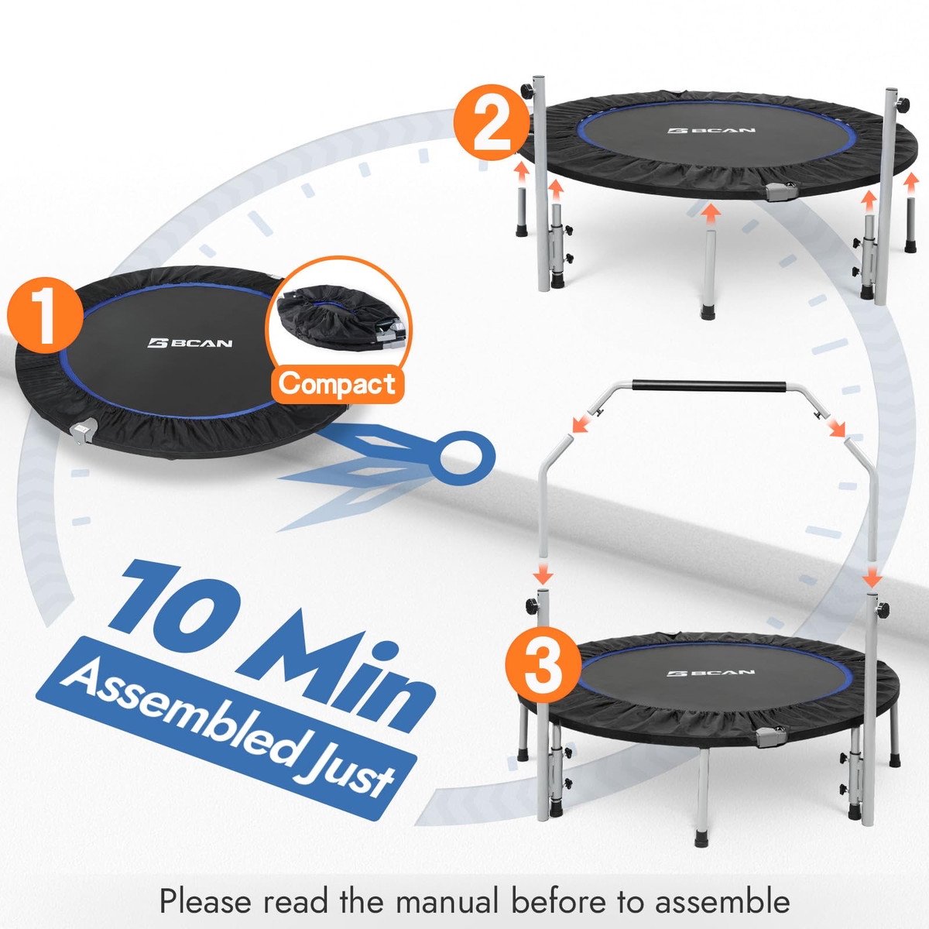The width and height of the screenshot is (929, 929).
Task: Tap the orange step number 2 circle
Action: (491, 122)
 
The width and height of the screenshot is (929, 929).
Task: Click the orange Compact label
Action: (337, 384)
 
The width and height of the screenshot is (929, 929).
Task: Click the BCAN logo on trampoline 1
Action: (190, 343)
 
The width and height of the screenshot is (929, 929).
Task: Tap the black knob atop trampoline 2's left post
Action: (527, 90)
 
